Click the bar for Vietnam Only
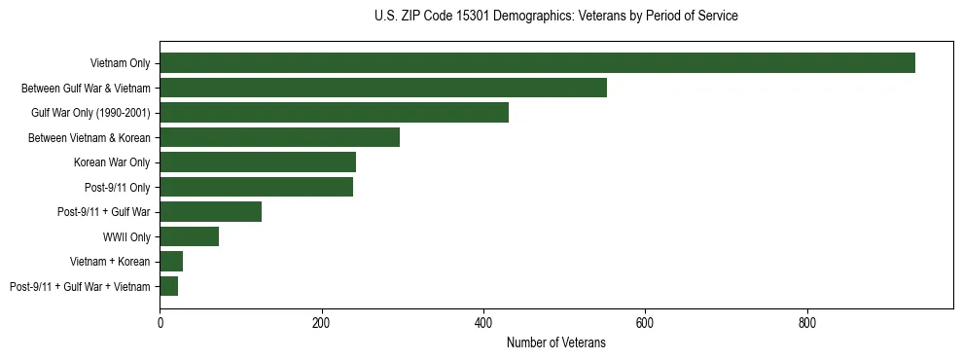(537, 63)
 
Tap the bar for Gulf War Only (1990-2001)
(334, 113)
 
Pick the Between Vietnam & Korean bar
(279, 137)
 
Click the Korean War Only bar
(258, 162)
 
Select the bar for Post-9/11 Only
(256, 187)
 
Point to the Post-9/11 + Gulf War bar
(210, 212)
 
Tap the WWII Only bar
(189, 236)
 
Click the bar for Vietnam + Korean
(171, 262)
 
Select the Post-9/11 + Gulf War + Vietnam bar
(168, 286)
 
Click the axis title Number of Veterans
(555, 343)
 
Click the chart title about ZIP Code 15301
(555, 17)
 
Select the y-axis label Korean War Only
(112, 162)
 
